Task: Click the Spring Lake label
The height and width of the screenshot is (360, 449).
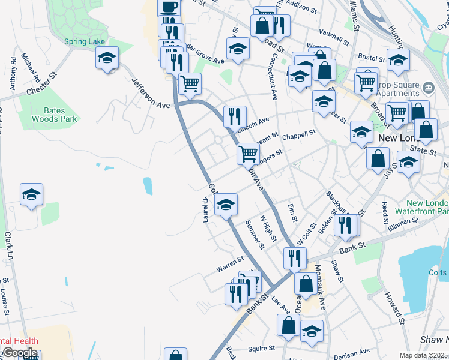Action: tap(85, 41)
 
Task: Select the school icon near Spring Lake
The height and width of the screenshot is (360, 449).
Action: tap(107, 58)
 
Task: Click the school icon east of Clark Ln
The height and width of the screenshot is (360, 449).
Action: tap(31, 194)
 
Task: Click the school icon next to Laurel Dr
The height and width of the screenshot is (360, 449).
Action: tap(226, 205)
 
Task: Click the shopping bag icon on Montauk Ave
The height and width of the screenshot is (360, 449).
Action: tap(306, 283)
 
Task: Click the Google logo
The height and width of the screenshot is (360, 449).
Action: tap(19, 353)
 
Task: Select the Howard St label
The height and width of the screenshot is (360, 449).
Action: tap(395, 306)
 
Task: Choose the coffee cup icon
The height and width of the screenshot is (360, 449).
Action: tap(169, 7)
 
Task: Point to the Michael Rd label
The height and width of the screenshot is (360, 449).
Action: tap(31, 68)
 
